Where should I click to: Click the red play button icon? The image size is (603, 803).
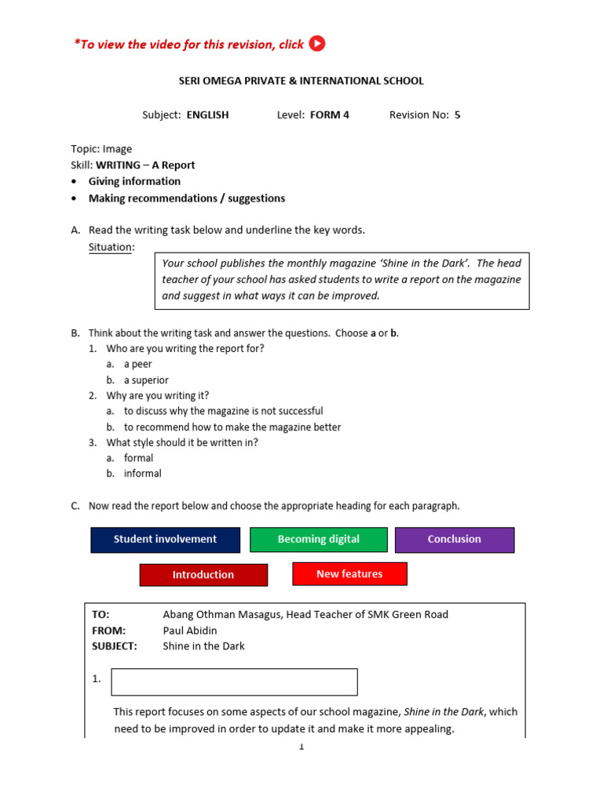(317, 44)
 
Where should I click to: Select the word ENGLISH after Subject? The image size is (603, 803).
(207, 114)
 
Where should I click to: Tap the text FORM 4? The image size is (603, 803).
(330, 114)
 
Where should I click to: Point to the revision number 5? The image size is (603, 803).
(457, 114)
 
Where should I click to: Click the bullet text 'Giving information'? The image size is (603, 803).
(134, 181)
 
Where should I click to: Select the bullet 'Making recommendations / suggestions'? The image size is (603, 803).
(187, 198)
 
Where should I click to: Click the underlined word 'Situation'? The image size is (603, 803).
(111, 247)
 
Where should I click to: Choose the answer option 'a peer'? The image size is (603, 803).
(137, 364)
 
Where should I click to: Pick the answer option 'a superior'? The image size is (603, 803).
(146, 380)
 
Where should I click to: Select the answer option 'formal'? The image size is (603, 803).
(138, 458)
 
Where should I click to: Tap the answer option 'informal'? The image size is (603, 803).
(142, 474)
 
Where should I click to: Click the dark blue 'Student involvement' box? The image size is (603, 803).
(165, 540)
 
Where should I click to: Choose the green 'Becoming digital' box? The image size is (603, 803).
(318, 540)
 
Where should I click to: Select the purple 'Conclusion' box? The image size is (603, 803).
(454, 540)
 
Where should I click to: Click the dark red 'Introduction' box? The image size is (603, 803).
(203, 575)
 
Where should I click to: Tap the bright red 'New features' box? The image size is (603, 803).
(349, 574)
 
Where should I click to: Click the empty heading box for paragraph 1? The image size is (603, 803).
(234, 681)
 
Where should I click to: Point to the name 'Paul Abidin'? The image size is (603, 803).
(191, 630)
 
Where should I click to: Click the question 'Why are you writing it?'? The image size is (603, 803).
(158, 396)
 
